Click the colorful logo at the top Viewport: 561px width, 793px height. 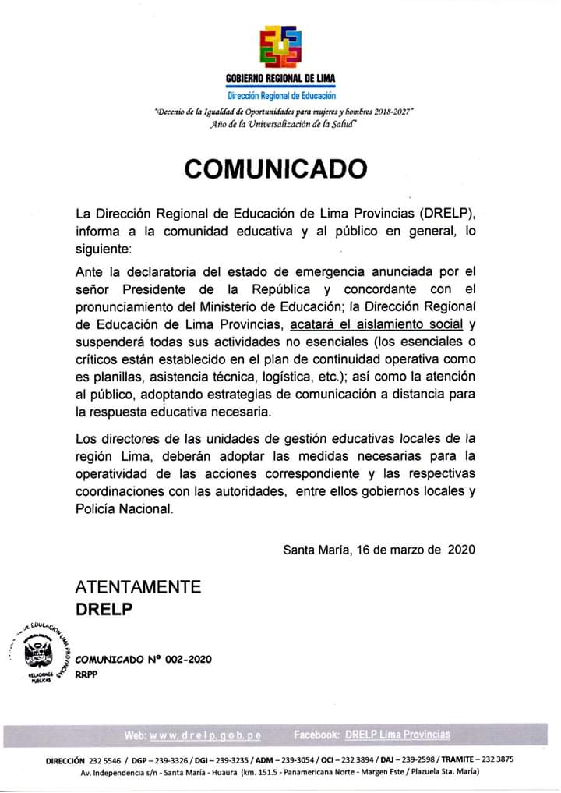tap(280, 45)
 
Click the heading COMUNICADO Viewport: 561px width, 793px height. tap(275, 168)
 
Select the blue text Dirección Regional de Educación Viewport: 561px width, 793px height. tap(280, 95)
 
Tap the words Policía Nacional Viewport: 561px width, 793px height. tap(121, 509)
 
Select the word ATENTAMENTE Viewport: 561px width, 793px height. tap(138, 587)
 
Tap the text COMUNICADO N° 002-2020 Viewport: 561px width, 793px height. tap(143, 660)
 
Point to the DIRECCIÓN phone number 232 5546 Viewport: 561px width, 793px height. tap(107, 759)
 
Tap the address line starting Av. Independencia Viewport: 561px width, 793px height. tap(280, 772)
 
